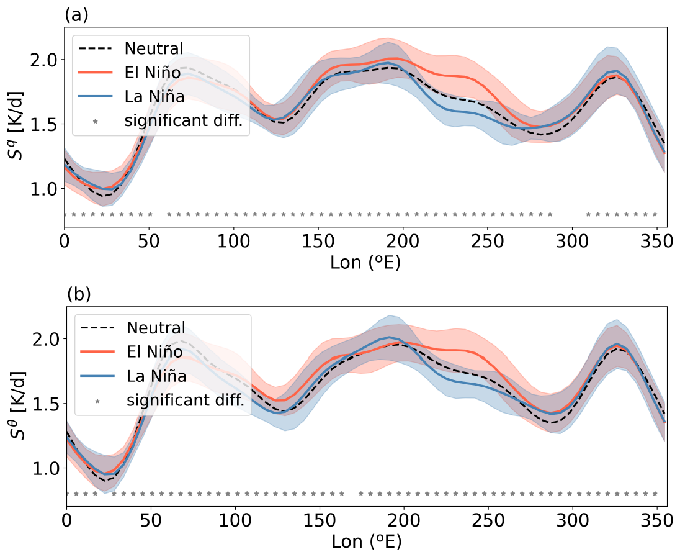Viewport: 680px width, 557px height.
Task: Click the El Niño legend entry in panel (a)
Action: pyautogui.click(x=153, y=73)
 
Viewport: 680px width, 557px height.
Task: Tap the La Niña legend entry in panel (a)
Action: pyautogui.click(x=153, y=97)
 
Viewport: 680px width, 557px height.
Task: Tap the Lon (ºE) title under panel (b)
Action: pyautogui.click(x=366, y=542)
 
